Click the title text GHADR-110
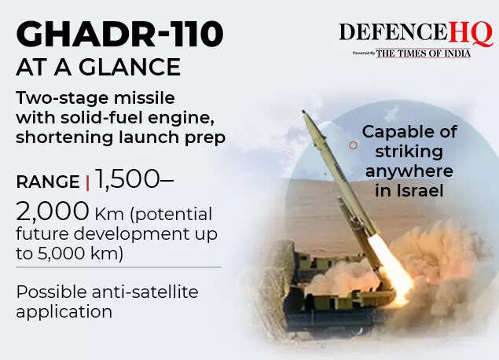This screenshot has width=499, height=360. click(x=119, y=35)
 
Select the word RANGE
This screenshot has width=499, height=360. click(x=47, y=182)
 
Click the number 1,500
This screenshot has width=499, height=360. click(x=130, y=179)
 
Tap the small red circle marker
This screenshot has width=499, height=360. click(x=354, y=145)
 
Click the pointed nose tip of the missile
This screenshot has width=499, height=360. click(x=304, y=113)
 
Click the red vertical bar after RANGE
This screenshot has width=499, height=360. click(x=88, y=182)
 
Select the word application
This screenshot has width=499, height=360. click(x=64, y=311)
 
